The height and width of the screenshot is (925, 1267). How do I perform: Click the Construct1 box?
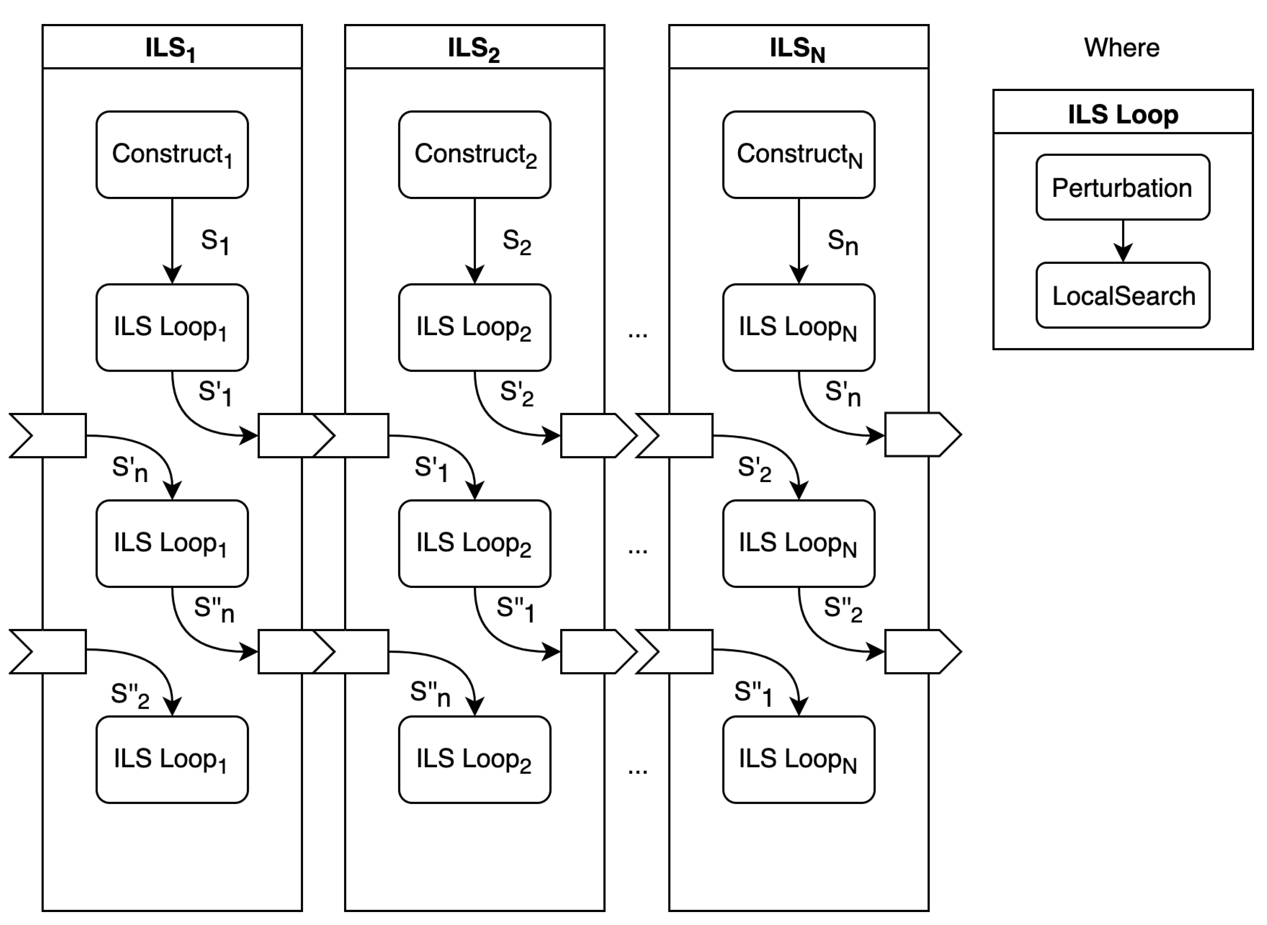tap(172, 155)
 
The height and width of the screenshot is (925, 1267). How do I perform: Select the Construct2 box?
tap(474, 155)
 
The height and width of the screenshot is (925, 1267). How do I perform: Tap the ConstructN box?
tap(798, 155)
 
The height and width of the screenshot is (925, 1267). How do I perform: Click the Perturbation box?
tap(1123, 188)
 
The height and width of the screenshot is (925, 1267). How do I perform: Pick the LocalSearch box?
tap(1123, 295)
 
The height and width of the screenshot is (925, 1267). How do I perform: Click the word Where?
tap(1121, 48)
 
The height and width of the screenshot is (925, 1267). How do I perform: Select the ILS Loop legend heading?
tap(1123, 114)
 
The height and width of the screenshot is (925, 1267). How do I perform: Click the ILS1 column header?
tap(172, 48)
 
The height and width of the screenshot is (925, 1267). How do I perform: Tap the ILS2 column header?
tap(474, 48)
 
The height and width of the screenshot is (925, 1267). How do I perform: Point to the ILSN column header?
tap(798, 48)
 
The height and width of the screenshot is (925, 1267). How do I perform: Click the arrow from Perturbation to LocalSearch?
tap(1123, 241)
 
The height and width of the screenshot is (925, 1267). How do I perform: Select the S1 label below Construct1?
tap(215, 242)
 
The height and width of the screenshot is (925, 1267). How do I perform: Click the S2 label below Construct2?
tap(516, 242)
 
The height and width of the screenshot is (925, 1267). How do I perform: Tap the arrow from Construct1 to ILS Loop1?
tap(172, 241)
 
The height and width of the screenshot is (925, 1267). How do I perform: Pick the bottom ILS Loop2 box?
tap(474, 759)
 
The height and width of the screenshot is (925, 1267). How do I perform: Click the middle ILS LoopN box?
tap(798, 543)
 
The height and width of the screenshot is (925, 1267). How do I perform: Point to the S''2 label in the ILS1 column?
tap(130, 695)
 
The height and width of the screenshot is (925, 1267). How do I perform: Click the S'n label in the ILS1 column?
tap(130, 469)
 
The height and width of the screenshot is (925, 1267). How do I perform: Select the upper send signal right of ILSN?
tap(922, 435)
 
